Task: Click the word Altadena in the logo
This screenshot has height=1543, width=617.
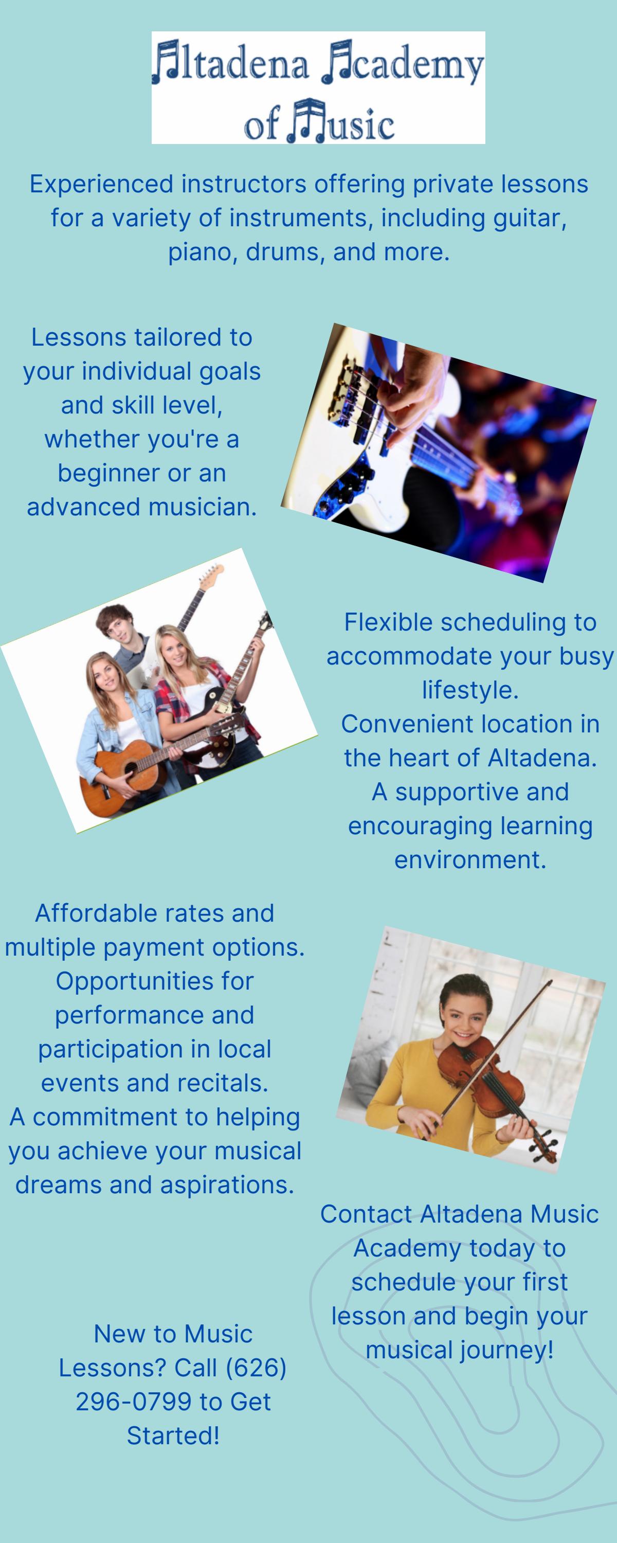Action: (231, 63)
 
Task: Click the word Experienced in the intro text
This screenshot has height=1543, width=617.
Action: (101, 184)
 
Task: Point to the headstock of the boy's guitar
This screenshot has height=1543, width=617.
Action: (211, 576)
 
